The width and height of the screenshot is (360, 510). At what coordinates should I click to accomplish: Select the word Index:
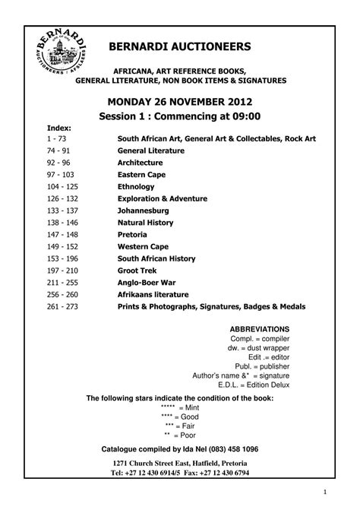coord(58,128)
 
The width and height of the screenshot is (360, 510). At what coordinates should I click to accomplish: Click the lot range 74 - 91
coord(57,151)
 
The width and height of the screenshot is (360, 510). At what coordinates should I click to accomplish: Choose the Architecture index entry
coord(140,163)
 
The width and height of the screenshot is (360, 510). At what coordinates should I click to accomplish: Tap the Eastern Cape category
coord(141,174)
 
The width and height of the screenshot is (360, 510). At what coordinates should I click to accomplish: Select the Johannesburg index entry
coord(143,210)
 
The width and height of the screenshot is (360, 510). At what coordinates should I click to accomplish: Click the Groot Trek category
coord(137,271)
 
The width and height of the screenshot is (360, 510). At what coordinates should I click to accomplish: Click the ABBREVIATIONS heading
coord(259,328)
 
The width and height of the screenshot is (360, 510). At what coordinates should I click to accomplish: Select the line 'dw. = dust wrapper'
coord(259,347)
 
